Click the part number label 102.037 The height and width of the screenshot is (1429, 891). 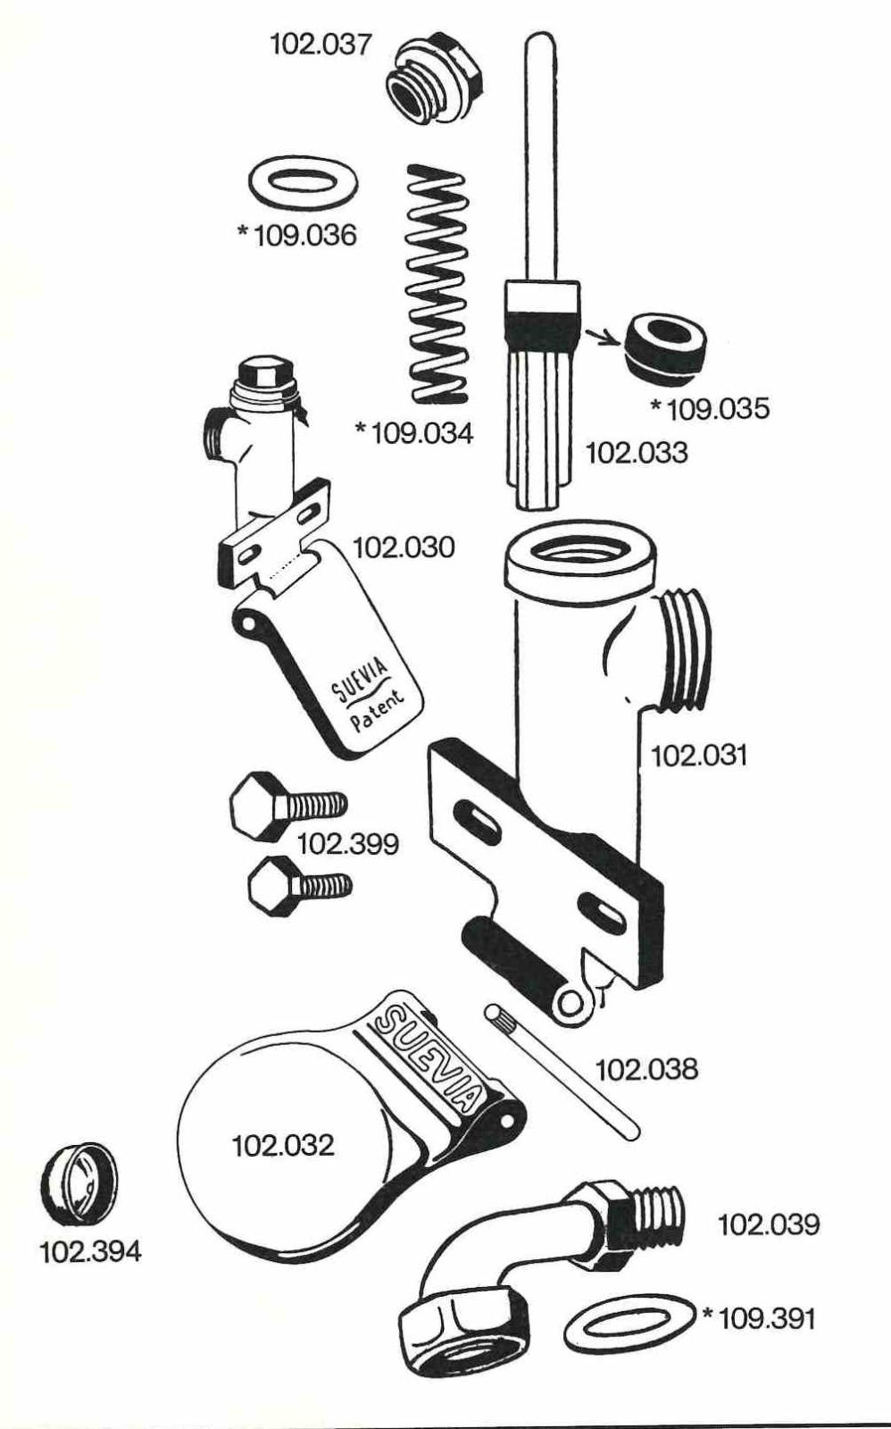point(321,46)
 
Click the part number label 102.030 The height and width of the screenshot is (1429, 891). point(404,548)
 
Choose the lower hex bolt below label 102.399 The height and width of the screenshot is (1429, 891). point(299,886)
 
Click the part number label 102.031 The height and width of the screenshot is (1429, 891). point(698,756)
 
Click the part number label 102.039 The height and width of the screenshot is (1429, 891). point(769,1224)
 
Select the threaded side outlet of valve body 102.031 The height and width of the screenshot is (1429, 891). point(681,648)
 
